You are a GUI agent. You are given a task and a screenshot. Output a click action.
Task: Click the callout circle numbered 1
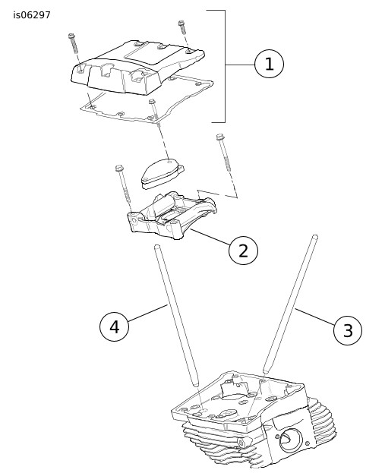click(x=269, y=64)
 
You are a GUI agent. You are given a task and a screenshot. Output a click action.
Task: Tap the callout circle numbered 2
click(x=243, y=250)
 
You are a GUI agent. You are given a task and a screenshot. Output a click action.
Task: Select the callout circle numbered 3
click(x=348, y=330)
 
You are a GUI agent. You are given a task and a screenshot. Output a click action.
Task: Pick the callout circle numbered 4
click(x=115, y=326)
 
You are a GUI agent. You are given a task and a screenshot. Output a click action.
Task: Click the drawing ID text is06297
click(x=32, y=15)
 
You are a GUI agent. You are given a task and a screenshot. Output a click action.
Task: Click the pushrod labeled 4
click(x=176, y=316)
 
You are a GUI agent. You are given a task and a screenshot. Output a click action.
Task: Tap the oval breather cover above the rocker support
click(x=163, y=173)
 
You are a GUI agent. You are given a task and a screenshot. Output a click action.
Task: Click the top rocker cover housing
click(x=137, y=68)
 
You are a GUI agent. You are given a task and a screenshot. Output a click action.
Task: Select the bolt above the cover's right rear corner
click(x=182, y=28)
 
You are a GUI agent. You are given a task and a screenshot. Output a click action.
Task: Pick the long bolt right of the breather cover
click(x=225, y=153)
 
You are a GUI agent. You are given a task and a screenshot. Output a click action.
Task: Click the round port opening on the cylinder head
click(x=291, y=440)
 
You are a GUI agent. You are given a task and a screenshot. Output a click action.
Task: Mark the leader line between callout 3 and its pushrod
click(x=314, y=317)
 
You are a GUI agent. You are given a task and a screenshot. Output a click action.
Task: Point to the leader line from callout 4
click(x=147, y=313)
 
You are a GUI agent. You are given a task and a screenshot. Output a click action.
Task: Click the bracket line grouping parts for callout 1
click(x=225, y=66)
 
